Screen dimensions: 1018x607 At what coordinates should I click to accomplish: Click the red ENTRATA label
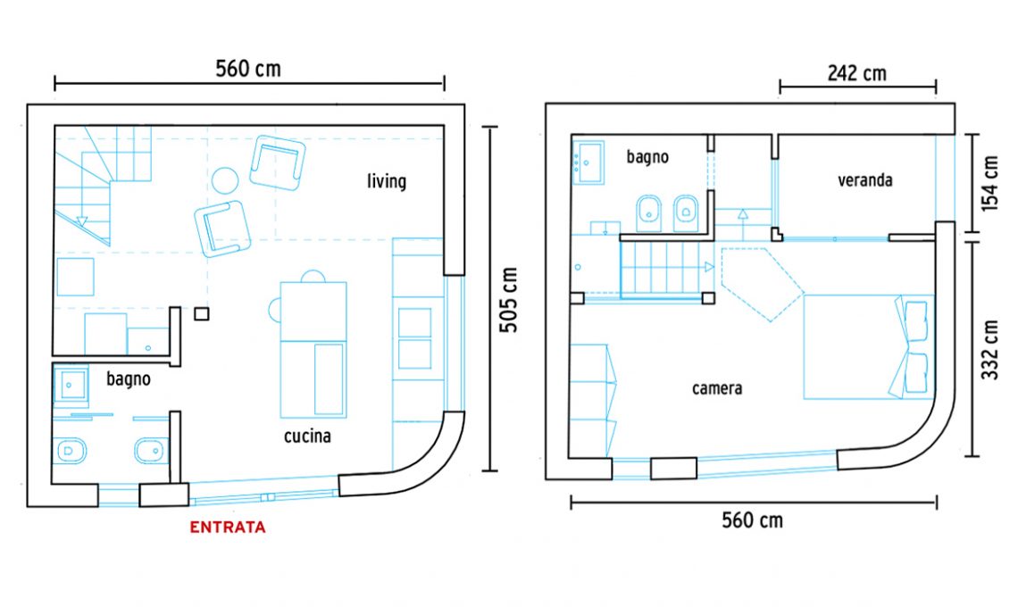click(227, 528)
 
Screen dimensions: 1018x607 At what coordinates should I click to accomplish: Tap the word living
click(387, 181)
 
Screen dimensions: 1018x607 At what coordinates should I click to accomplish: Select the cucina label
click(307, 436)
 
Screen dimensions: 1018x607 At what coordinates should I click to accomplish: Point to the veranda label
click(864, 179)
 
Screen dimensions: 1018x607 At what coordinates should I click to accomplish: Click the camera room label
click(717, 388)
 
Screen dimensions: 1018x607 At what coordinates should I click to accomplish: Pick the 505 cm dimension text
click(508, 300)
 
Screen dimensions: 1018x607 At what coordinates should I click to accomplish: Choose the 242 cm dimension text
click(856, 73)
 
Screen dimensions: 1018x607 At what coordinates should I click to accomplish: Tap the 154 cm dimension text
click(989, 183)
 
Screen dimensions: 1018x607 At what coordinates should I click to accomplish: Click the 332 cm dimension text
click(989, 349)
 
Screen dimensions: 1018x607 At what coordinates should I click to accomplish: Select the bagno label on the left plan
click(129, 379)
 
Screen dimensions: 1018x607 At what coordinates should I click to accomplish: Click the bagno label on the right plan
click(647, 157)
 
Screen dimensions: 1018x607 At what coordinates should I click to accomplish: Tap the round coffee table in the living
click(225, 180)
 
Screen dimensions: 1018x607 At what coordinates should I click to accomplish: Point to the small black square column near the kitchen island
click(201, 314)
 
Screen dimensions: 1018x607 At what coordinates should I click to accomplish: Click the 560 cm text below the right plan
click(753, 520)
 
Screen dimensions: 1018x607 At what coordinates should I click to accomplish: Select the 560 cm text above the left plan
click(248, 69)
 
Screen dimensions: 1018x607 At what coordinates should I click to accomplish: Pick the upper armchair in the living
click(278, 162)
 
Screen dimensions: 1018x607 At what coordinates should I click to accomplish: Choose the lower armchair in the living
click(222, 229)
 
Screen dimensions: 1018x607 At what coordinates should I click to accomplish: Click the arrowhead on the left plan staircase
click(82, 220)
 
